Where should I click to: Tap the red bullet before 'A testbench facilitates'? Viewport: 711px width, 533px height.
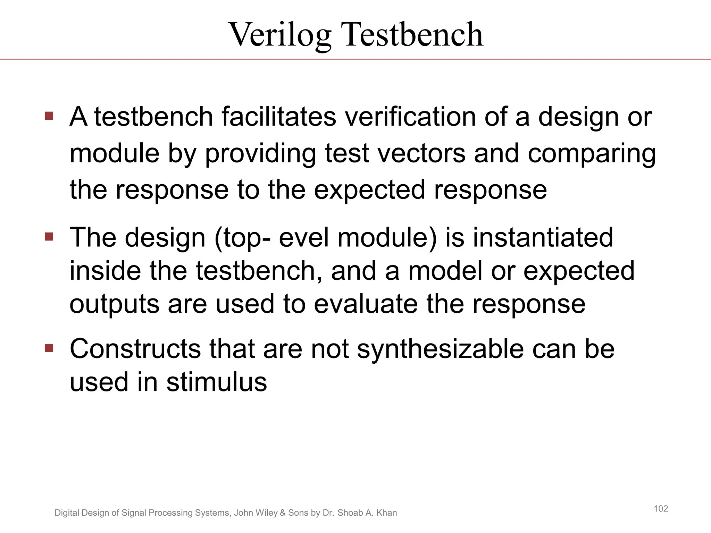point(49,116)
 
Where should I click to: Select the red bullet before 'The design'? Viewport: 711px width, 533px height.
point(49,237)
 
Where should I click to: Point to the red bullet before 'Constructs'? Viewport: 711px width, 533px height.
point(49,348)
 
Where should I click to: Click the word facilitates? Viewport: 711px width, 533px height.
point(279,117)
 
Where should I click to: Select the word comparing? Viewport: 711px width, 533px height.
point(592,154)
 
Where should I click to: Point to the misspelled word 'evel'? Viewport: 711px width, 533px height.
point(304,238)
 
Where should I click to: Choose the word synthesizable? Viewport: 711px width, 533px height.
point(441,349)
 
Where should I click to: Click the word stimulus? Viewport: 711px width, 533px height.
point(217,382)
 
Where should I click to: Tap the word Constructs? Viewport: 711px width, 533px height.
point(135,349)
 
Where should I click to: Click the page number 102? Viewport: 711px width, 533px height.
point(661,509)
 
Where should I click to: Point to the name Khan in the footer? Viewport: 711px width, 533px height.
point(386,513)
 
